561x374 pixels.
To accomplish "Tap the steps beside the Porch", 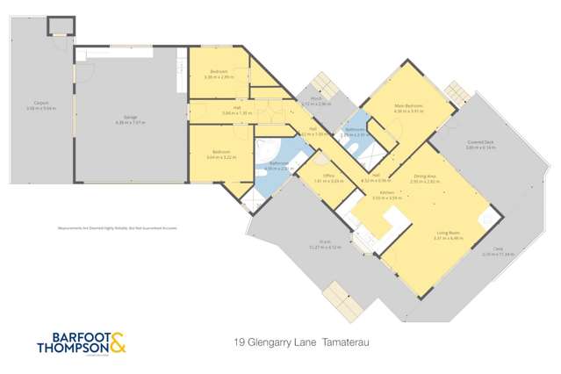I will click(x=325, y=83).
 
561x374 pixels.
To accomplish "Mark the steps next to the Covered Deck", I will click(x=457, y=91).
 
